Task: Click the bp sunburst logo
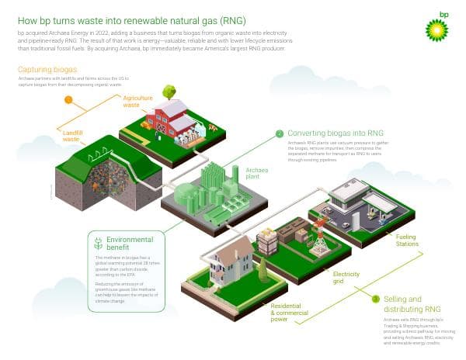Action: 435,26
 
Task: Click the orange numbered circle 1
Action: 68,100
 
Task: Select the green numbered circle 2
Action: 280,133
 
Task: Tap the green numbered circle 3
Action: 376,299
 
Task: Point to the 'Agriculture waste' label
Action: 137,101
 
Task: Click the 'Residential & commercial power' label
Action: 291,313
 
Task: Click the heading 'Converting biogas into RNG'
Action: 335,133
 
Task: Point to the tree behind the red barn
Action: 169,92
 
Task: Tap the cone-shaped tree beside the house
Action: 263,269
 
